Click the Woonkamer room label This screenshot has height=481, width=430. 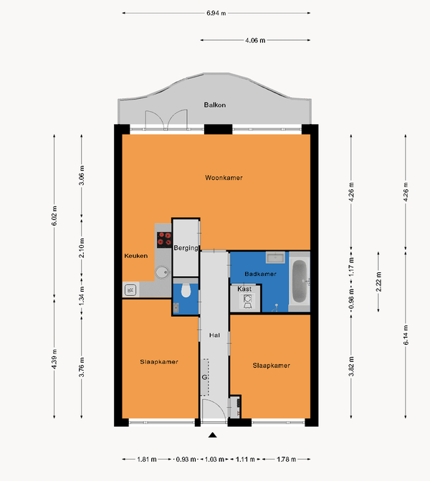[224, 178]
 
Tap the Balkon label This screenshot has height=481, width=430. [215, 105]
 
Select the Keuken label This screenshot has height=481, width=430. [136, 256]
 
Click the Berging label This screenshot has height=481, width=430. [186, 248]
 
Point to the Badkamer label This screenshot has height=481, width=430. [260, 274]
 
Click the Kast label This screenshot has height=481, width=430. [244, 289]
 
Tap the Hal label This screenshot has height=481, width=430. [214, 335]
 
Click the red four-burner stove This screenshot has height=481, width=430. [164, 240]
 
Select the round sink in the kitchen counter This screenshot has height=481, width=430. [162, 272]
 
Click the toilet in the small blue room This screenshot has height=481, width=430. [186, 290]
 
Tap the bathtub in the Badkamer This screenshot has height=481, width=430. [300, 281]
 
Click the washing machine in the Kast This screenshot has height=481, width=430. [247, 301]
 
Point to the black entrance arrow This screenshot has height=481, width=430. [213, 435]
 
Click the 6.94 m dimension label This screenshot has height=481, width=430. [216, 13]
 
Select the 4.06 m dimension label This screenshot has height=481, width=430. [255, 40]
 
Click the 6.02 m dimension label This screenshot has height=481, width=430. [54, 216]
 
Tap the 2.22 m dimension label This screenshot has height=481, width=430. [378, 282]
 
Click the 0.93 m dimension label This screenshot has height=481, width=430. [186, 459]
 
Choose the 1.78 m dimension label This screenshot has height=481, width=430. [287, 459]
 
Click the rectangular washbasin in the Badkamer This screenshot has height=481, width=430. [275, 257]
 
